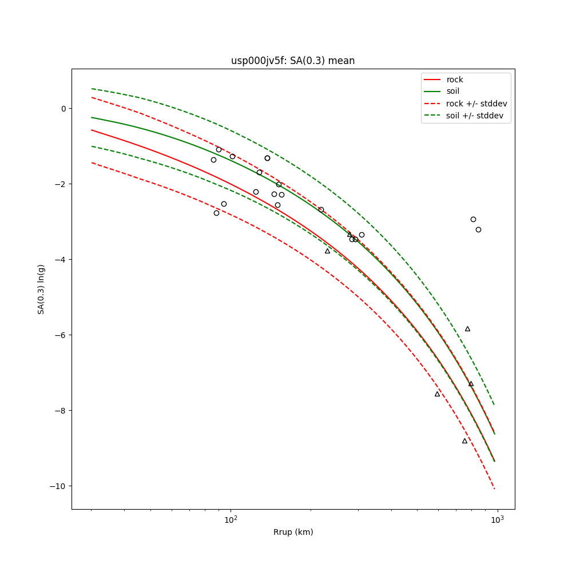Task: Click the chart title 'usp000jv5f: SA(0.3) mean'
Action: pos(293,61)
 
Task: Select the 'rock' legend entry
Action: pos(455,80)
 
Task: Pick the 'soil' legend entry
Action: pos(452,92)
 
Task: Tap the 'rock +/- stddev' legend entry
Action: pos(476,104)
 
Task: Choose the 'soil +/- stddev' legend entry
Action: pos(476,116)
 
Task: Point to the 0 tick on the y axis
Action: pos(63,109)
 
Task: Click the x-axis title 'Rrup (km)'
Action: pos(293,532)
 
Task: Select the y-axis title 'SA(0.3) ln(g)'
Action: pos(41,289)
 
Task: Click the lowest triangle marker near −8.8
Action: pos(464,440)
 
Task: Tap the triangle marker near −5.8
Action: pos(467,329)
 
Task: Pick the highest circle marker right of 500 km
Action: pos(473,219)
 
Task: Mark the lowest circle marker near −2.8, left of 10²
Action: pos(216,213)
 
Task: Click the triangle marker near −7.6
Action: pos(437,394)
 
